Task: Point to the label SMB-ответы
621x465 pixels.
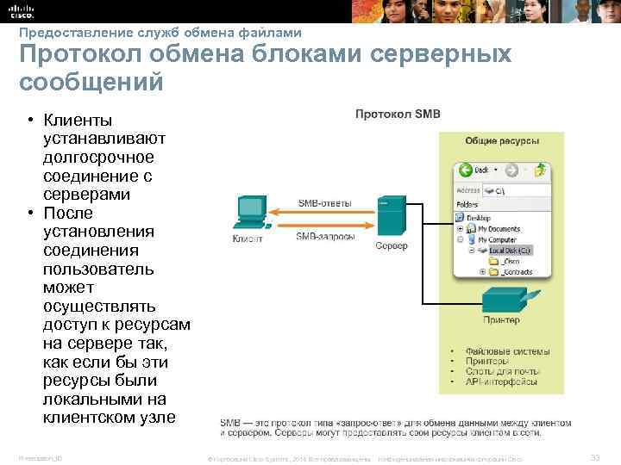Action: (324, 203)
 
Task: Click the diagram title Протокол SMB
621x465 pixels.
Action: (386, 113)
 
